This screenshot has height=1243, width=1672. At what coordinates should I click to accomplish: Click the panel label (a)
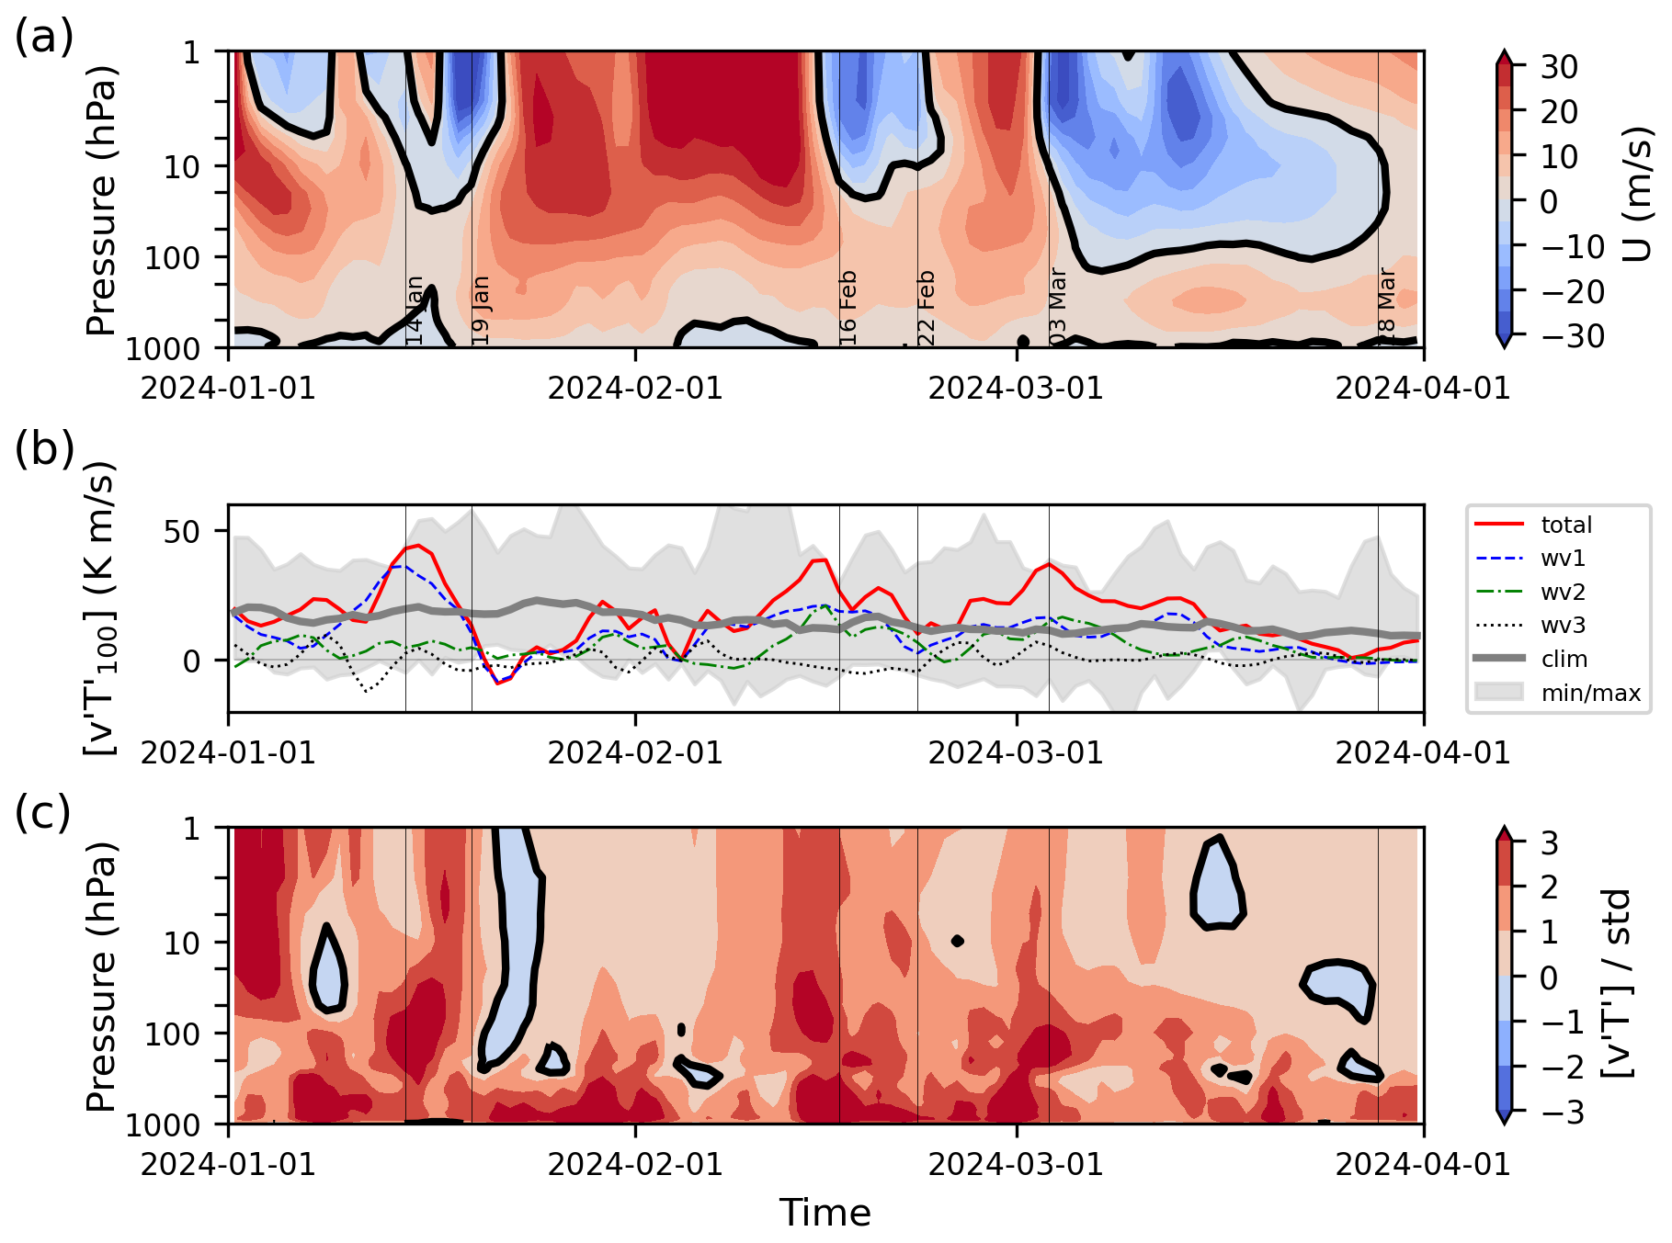(43, 38)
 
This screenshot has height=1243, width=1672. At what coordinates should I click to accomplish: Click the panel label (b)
(43, 449)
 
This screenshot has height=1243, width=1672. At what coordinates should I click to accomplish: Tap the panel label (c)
(42, 813)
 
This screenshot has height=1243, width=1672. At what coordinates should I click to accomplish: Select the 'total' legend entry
(1566, 525)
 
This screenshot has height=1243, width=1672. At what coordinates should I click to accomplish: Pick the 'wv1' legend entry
(1563, 559)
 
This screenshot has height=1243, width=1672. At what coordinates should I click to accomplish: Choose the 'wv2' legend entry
(1563, 593)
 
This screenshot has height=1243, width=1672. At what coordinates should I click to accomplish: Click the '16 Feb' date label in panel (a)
(847, 308)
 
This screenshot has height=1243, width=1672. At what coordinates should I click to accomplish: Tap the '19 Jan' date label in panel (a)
(481, 311)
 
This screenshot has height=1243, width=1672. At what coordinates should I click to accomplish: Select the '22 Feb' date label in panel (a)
(926, 308)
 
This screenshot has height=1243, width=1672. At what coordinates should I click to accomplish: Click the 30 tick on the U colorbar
(1559, 67)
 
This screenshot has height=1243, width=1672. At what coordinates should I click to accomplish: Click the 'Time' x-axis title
(825, 1213)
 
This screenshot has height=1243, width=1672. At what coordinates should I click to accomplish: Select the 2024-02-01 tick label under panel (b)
(635, 753)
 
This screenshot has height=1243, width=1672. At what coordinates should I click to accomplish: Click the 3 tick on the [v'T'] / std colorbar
(1550, 842)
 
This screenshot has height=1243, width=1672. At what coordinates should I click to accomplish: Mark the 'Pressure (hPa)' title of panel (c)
(101, 976)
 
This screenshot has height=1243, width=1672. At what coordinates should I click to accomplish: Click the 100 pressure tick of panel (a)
(173, 258)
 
